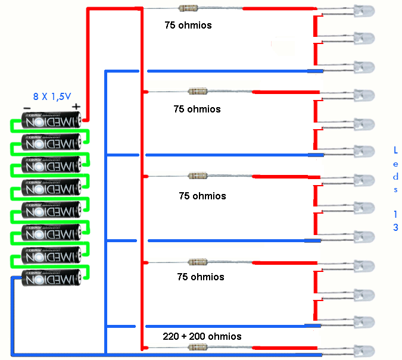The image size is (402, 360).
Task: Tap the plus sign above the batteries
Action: point(76,107)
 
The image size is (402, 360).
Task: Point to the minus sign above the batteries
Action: point(27,108)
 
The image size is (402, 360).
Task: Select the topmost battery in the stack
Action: point(51,121)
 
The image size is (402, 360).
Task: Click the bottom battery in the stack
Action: point(51,278)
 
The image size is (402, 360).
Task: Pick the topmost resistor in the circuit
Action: point(189,8)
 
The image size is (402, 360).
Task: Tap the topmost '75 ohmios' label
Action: point(188,26)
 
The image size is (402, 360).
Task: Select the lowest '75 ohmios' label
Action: point(201,277)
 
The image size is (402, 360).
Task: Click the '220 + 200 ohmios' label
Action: point(202,336)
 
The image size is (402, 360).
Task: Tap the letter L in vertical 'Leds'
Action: point(396,150)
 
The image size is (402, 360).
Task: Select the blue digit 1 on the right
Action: point(396,212)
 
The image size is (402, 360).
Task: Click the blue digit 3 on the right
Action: point(396,227)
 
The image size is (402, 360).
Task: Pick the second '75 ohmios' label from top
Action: point(197,109)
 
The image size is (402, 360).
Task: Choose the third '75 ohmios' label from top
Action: point(202,196)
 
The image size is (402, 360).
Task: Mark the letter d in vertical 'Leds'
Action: point(396,177)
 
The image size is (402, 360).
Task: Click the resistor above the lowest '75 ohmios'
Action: point(197,262)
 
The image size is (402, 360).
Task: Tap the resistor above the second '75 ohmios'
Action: point(197,92)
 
